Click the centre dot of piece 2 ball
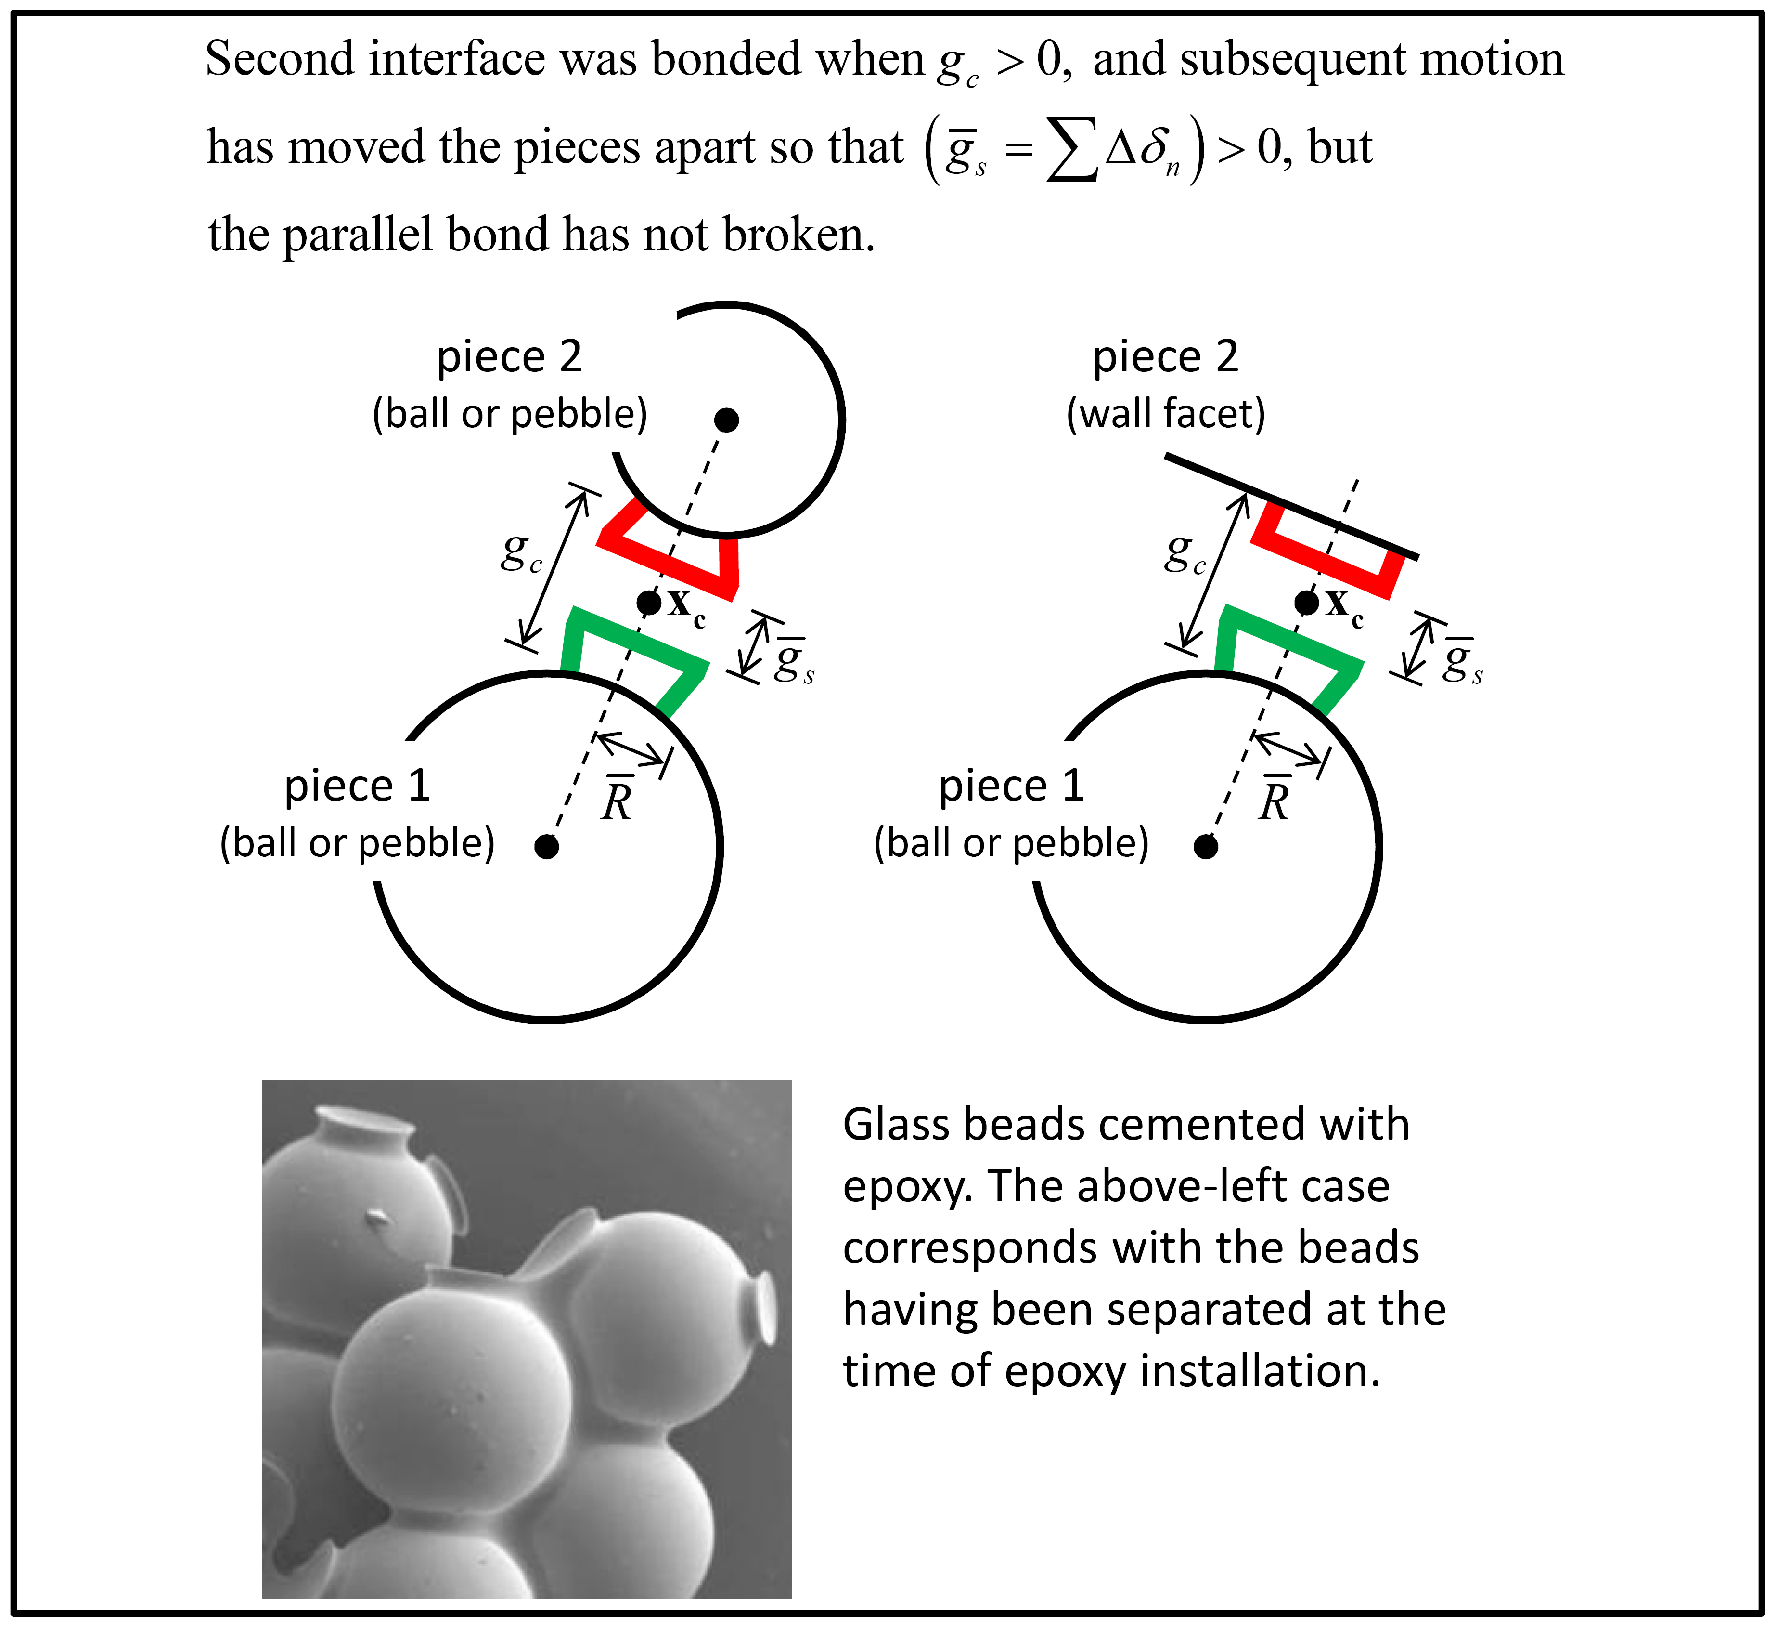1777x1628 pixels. point(726,420)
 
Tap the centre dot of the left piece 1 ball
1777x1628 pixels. point(546,847)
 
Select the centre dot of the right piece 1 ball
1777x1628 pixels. point(1205,847)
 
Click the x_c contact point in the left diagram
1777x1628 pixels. point(649,603)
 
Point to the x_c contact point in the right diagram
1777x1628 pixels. point(1306,603)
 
